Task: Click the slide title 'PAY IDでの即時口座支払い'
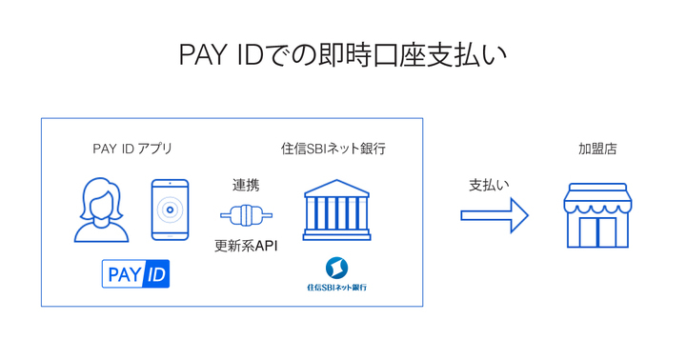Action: (342, 55)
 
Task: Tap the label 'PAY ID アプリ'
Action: (132, 149)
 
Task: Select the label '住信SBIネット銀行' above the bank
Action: (333, 149)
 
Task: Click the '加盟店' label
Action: (597, 149)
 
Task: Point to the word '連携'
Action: (246, 185)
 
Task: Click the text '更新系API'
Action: (246, 246)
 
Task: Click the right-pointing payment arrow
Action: (494, 215)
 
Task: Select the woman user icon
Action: (101, 211)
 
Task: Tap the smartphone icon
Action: (170, 210)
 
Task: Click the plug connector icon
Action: (246, 215)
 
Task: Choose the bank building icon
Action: (336, 210)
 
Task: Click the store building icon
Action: (597, 215)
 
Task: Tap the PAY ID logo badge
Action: (135, 274)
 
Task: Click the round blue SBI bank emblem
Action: (336, 268)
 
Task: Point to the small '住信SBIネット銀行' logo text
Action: (336, 287)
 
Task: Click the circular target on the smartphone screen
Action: (170, 210)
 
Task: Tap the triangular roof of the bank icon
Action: (336, 187)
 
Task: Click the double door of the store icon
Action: (597, 230)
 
